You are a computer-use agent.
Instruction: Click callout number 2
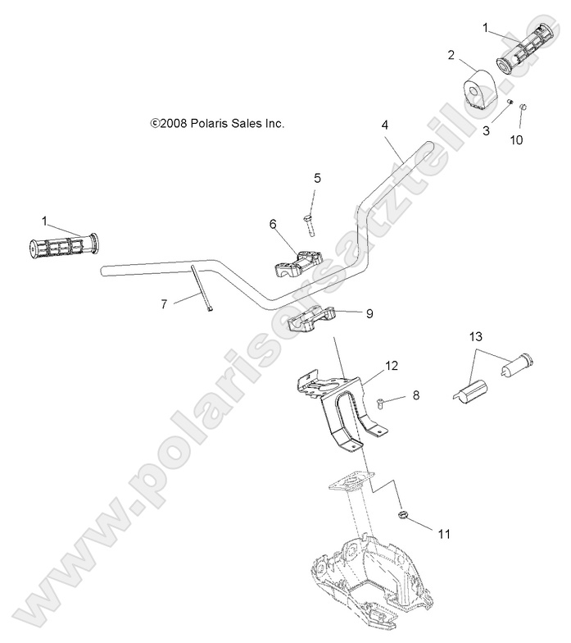coord(451,56)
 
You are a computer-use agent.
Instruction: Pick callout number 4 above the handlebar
coord(385,125)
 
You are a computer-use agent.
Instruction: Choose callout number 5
coord(317,177)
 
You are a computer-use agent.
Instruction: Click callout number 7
coord(164,304)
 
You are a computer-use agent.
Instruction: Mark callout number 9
coord(369,312)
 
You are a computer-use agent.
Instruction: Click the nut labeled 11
coord(404,513)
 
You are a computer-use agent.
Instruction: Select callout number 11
coord(443,534)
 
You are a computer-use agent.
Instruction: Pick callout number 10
coord(516,139)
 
